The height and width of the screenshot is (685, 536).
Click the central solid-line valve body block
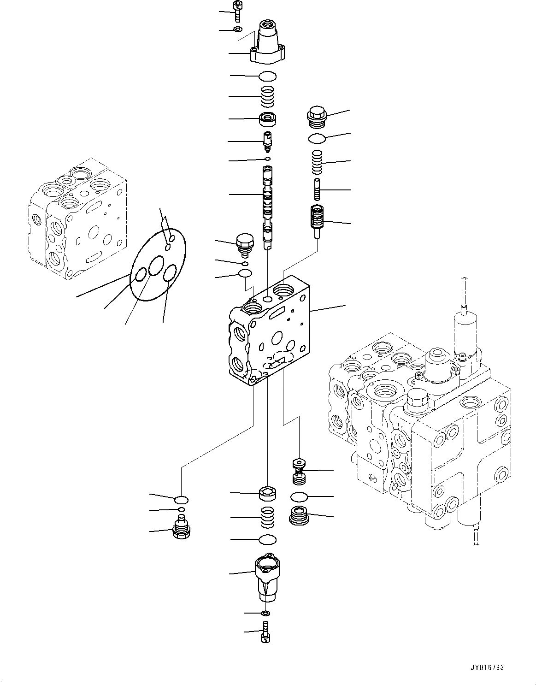270,332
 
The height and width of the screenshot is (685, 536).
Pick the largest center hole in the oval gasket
157,266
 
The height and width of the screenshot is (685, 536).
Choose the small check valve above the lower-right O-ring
300,472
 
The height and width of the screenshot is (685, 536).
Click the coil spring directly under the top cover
267,97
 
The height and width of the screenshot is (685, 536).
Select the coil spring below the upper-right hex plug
316,162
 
